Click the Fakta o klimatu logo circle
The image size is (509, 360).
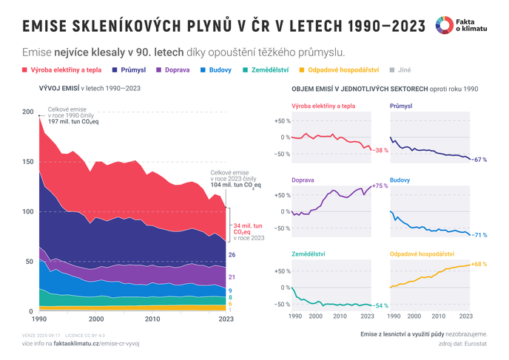pyautogui.click(x=445, y=24)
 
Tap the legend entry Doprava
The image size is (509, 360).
pyautogui.click(x=173, y=70)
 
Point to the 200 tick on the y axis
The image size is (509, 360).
pyautogui.click(x=27, y=112)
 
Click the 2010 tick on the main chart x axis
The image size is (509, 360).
pyautogui.click(x=152, y=319)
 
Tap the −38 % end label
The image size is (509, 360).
pyautogui.click(x=380, y=150)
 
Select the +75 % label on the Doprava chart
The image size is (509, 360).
pyautogui.click(x=380, y=186)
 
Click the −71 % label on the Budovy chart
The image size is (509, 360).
pyautogui.click(x=479, y=235)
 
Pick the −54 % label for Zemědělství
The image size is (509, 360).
pyautogui.click(x=380, y=305)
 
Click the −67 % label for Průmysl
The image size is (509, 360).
pyautogui.click(x=479, y=160)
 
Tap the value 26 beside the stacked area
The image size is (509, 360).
pyautogui.click(x=232, y=255)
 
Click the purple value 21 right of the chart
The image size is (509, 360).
pyautogui.click(x=232, y=276)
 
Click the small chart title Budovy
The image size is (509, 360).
pyautogui.click(x=400, y=180)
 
